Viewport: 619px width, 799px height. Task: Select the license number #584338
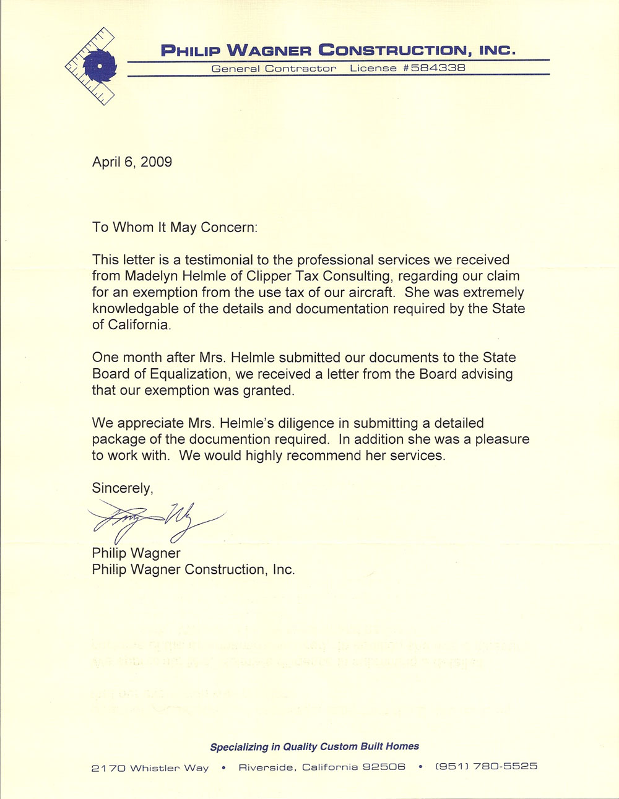[x=433, y=68]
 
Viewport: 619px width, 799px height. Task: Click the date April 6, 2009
[x=132, y=162]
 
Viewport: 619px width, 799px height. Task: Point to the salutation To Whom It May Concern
[x=175, y=227]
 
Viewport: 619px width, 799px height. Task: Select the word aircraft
[x=368, y=292]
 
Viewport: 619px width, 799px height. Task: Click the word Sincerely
[x=122, y=488]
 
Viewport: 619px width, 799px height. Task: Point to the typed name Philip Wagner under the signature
[x=136, y=553]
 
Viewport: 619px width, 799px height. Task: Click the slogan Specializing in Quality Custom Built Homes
[x=314, y=746]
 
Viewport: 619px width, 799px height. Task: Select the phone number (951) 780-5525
[x=487, y=766]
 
